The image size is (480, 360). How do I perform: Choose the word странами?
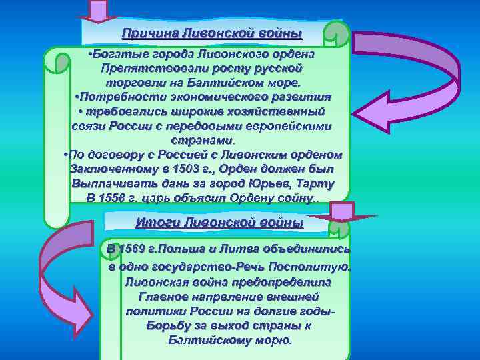[203, 141]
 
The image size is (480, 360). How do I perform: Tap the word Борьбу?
[167, 326]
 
